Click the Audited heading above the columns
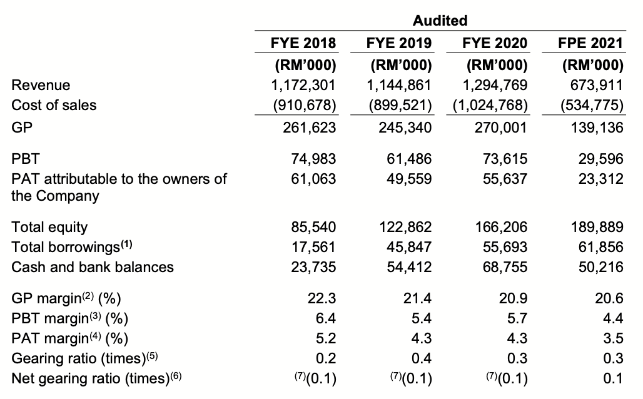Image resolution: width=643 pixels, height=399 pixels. point(440,21)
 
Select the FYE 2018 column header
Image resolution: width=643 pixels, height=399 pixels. point(303,43)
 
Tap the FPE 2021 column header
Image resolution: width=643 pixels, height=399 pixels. point(591,43)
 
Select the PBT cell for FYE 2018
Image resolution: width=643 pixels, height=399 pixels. point(313,159)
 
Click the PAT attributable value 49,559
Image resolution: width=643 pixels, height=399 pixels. point(408,179)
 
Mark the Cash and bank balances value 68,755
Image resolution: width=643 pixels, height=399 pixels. point(504,267)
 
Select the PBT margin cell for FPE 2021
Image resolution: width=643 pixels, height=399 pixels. point(613,319)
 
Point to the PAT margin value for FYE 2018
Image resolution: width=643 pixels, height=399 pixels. point(326,339)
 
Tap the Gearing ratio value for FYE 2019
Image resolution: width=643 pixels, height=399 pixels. point(422,359)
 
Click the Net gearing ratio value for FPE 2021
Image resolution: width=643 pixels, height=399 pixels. point(613,379)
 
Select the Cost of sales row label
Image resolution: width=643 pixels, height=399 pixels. point(54,105)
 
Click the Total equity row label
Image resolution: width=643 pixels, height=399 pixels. point(50,227)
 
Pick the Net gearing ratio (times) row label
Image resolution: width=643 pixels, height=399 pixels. point(98,379)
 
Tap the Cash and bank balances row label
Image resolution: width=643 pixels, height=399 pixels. point(93,267)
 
